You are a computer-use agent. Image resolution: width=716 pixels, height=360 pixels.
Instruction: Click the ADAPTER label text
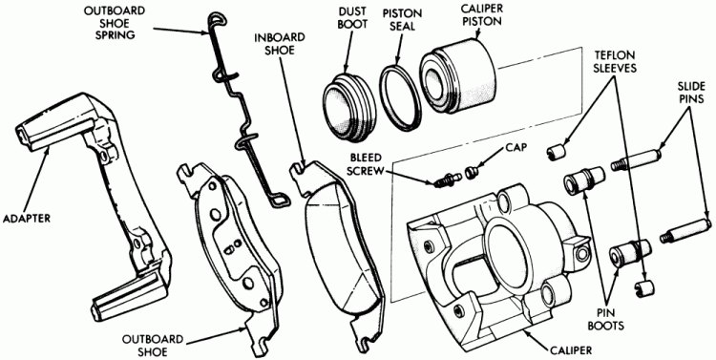click(26, 219)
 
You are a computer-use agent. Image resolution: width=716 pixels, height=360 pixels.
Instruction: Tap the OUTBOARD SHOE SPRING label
click(116, 23)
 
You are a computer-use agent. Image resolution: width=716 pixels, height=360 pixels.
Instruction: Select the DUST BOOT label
click(352, 18)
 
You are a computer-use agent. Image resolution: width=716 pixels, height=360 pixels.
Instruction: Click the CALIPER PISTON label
click(480, 15)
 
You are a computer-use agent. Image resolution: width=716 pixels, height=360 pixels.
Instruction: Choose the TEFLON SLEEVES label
click(614, 61)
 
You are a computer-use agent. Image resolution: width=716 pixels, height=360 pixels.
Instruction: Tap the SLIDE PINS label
click(690, 92)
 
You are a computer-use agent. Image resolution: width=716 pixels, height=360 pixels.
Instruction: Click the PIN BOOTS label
click(611, 319)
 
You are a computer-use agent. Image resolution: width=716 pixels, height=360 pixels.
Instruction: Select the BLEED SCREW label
click(366, 163)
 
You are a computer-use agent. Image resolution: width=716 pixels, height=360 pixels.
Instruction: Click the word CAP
click(516, 148)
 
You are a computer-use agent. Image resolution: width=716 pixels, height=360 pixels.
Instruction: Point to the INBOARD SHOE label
click(274, 43)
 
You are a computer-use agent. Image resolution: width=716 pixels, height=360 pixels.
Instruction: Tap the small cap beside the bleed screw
click(471, 172)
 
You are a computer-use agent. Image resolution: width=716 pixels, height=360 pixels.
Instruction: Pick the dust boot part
click(349, 106)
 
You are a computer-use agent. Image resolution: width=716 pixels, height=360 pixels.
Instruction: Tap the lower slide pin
click(684, 230)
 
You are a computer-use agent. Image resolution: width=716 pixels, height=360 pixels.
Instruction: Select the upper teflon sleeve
click(557, 153)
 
